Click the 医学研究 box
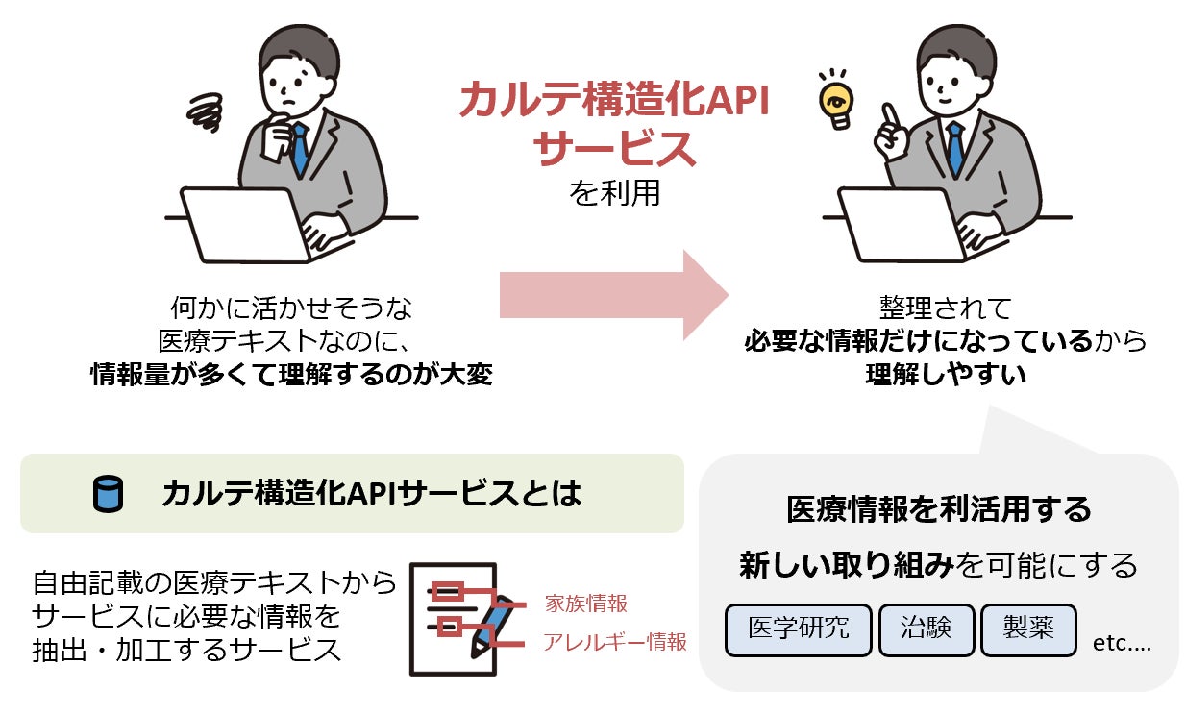pyautogui.click(x=799, y=629)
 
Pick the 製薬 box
pyautogui.click(x=1028, y=629)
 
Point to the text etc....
pyautogui.click(x=1122, y=643)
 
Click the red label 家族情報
pyautogui.click(x=585, y=604)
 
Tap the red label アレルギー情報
pyautogui.click(x=615, y=642)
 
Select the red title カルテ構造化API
pyautogui.click(x=614, y=100)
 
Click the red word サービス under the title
pyautogui.click(x=614, y=148)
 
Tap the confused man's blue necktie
pyautogui.click(x=300, y=149)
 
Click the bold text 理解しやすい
pyautogui.click(x=946, y=374)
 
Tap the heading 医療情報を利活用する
pyautogui.click(x=939, y=508)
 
